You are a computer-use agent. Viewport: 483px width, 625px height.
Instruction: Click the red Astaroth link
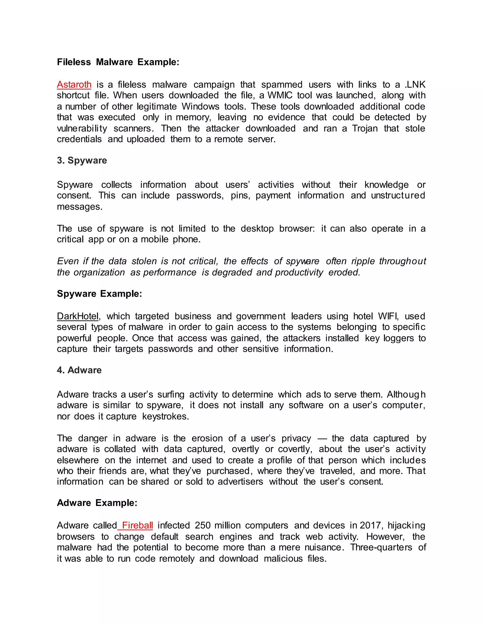pyautogui.click(x=74, y=85)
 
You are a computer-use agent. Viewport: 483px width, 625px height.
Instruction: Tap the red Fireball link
pyautogui.click(x=137, y=525)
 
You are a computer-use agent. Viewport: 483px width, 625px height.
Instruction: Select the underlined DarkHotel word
pyautogui.click(x=78, y=316)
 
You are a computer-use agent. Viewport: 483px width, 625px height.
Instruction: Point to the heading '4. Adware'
pyautogui.click(x=79, y=370)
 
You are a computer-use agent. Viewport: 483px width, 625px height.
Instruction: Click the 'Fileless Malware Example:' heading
pyautogui.click(x=118, y=62)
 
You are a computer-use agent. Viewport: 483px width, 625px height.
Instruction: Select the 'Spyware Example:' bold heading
pyautogui.click(x=99, y=294)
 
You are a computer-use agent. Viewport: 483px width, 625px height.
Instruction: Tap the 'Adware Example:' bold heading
pyautogui.click(x=97, y=503)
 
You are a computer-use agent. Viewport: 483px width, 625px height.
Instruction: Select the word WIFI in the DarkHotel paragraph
pyautogui.click(x=388, y=316)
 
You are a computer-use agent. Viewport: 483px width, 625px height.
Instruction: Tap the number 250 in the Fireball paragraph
pyautogui.click(x=203, y=525)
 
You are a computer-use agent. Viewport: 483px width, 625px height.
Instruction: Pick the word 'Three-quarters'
pyautogui.click(x=381, y=547)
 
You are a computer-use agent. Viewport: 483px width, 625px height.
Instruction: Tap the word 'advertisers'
pyautogui.click(x=240, y=482)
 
